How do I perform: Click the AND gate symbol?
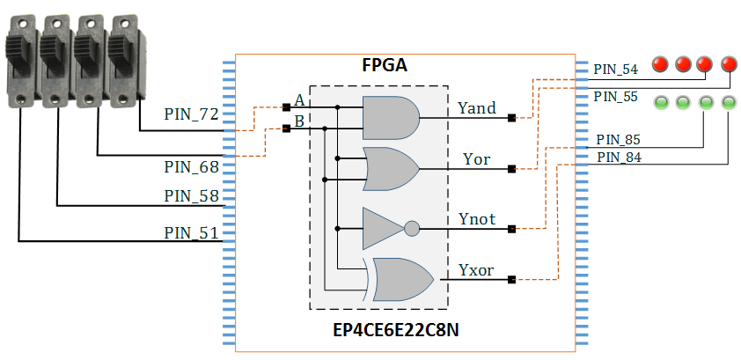[391, 118]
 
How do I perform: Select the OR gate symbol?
[391, 169]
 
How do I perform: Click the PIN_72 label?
[191, 114]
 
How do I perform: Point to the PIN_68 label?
[191, 166]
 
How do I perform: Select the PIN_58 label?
[191, 195]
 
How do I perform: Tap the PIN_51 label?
[191, 233]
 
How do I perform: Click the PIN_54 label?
[615, 70]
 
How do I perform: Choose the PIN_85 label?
[618, 140]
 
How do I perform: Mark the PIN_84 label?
[619, 158]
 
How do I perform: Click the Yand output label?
[477, 108]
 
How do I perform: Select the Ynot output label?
[477, 219]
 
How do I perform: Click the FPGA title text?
[385, 65]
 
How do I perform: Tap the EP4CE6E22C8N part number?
[395, 330]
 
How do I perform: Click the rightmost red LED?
[729, 63]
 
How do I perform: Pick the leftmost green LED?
[661, 102]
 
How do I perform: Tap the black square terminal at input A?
[286, 107]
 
